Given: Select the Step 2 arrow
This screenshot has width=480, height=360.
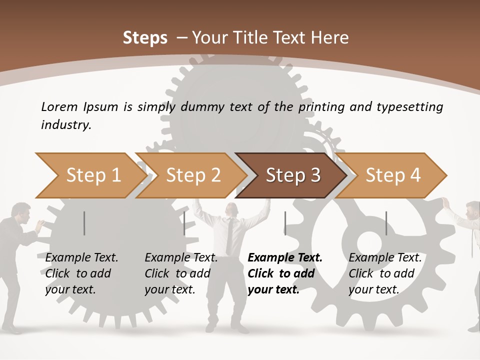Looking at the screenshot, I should (x=192, y=175).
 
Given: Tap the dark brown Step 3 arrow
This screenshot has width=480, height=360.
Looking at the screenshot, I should (x=292, y=175).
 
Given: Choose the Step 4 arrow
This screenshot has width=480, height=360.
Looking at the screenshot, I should (x=392, y=175).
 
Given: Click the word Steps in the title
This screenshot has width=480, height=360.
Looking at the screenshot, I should (x=145, y=38).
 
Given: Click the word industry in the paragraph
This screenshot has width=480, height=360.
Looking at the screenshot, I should (x=66, y=125).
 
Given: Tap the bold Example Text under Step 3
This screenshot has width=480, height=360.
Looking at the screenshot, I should (x=285, y=258).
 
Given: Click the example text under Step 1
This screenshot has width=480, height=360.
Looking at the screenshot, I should (x=81, y=273).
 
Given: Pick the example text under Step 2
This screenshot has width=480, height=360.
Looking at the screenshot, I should (x=180, y=273).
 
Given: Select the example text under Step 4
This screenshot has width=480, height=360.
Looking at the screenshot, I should (x=384, y=273).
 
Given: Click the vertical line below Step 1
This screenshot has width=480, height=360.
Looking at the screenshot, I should (x=84, y=223).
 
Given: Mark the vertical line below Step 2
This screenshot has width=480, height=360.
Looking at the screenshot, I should (x=184, y=223).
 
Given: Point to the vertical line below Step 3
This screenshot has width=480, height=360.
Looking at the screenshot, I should (x=285, y=223).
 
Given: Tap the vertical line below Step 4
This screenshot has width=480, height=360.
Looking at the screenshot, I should (x=386, y=223).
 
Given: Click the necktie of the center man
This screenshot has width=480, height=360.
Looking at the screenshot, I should (x=229, y=235).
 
